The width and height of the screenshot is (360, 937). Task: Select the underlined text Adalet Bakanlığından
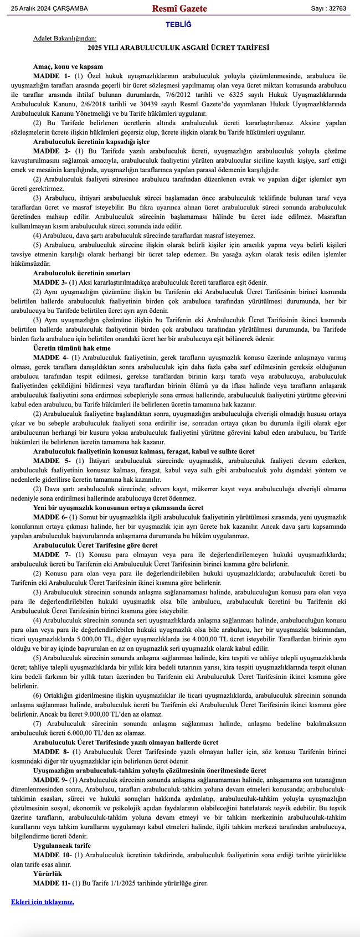(65, 39)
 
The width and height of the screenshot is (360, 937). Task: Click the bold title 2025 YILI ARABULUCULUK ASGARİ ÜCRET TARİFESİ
(178, 48)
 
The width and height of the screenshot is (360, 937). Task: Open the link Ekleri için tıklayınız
(43, 902)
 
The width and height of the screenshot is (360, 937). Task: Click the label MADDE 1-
(52, 75)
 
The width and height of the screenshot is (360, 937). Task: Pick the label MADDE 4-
(52, 357)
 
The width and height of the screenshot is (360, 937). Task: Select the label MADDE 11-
(53, 883)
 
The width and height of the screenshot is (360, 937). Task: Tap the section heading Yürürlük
(48, 873)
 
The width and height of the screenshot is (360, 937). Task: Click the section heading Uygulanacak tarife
(62, 846)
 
